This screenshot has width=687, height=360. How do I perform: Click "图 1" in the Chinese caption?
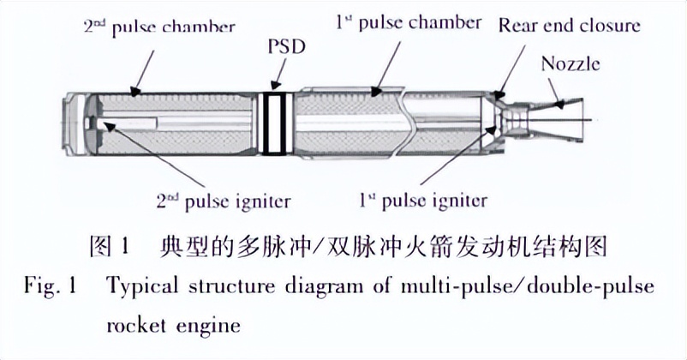[x=109, y=249]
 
